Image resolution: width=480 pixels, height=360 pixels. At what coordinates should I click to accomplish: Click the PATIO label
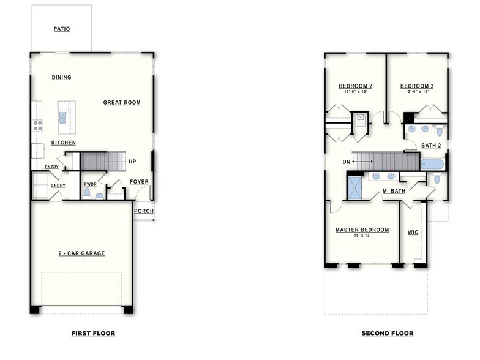[x=61, y=29]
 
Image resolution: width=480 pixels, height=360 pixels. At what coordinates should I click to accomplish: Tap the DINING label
[x=61, y=78]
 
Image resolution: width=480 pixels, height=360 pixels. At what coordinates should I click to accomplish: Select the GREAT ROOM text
[x=122, y=103]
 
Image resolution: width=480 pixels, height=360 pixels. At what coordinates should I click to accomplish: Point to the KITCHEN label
[x=64, y=143]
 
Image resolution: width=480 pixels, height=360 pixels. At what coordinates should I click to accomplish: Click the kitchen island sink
[x=62, y=118]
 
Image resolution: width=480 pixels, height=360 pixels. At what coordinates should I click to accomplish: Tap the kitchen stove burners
[x=37, y=126]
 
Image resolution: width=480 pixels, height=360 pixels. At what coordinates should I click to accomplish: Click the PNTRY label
[x=51, y=167]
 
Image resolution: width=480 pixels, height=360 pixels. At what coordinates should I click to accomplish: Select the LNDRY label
[x=58, y=185]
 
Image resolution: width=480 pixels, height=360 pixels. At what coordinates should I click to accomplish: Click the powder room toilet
[x=87, y=192]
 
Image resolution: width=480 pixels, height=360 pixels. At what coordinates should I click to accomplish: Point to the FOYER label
[x=139, y=182]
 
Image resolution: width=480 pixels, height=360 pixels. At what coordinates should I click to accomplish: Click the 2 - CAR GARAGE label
[x=81, y=253]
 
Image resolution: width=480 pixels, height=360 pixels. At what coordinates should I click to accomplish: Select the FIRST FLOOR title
[x=93, y=334]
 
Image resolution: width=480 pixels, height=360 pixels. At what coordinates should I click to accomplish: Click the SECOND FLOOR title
[x=387, y=334]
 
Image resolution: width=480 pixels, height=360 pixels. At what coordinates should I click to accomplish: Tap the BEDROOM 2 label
[x=356, y=86]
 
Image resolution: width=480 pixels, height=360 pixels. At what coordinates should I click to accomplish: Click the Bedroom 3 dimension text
[x=417, y=92]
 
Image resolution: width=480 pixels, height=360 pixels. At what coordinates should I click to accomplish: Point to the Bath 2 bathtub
[x=432, y=164]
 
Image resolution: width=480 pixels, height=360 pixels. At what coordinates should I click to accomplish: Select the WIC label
[x=413, y=233]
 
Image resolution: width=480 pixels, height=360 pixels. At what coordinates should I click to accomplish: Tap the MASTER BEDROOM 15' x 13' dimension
[x=362, y=236]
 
